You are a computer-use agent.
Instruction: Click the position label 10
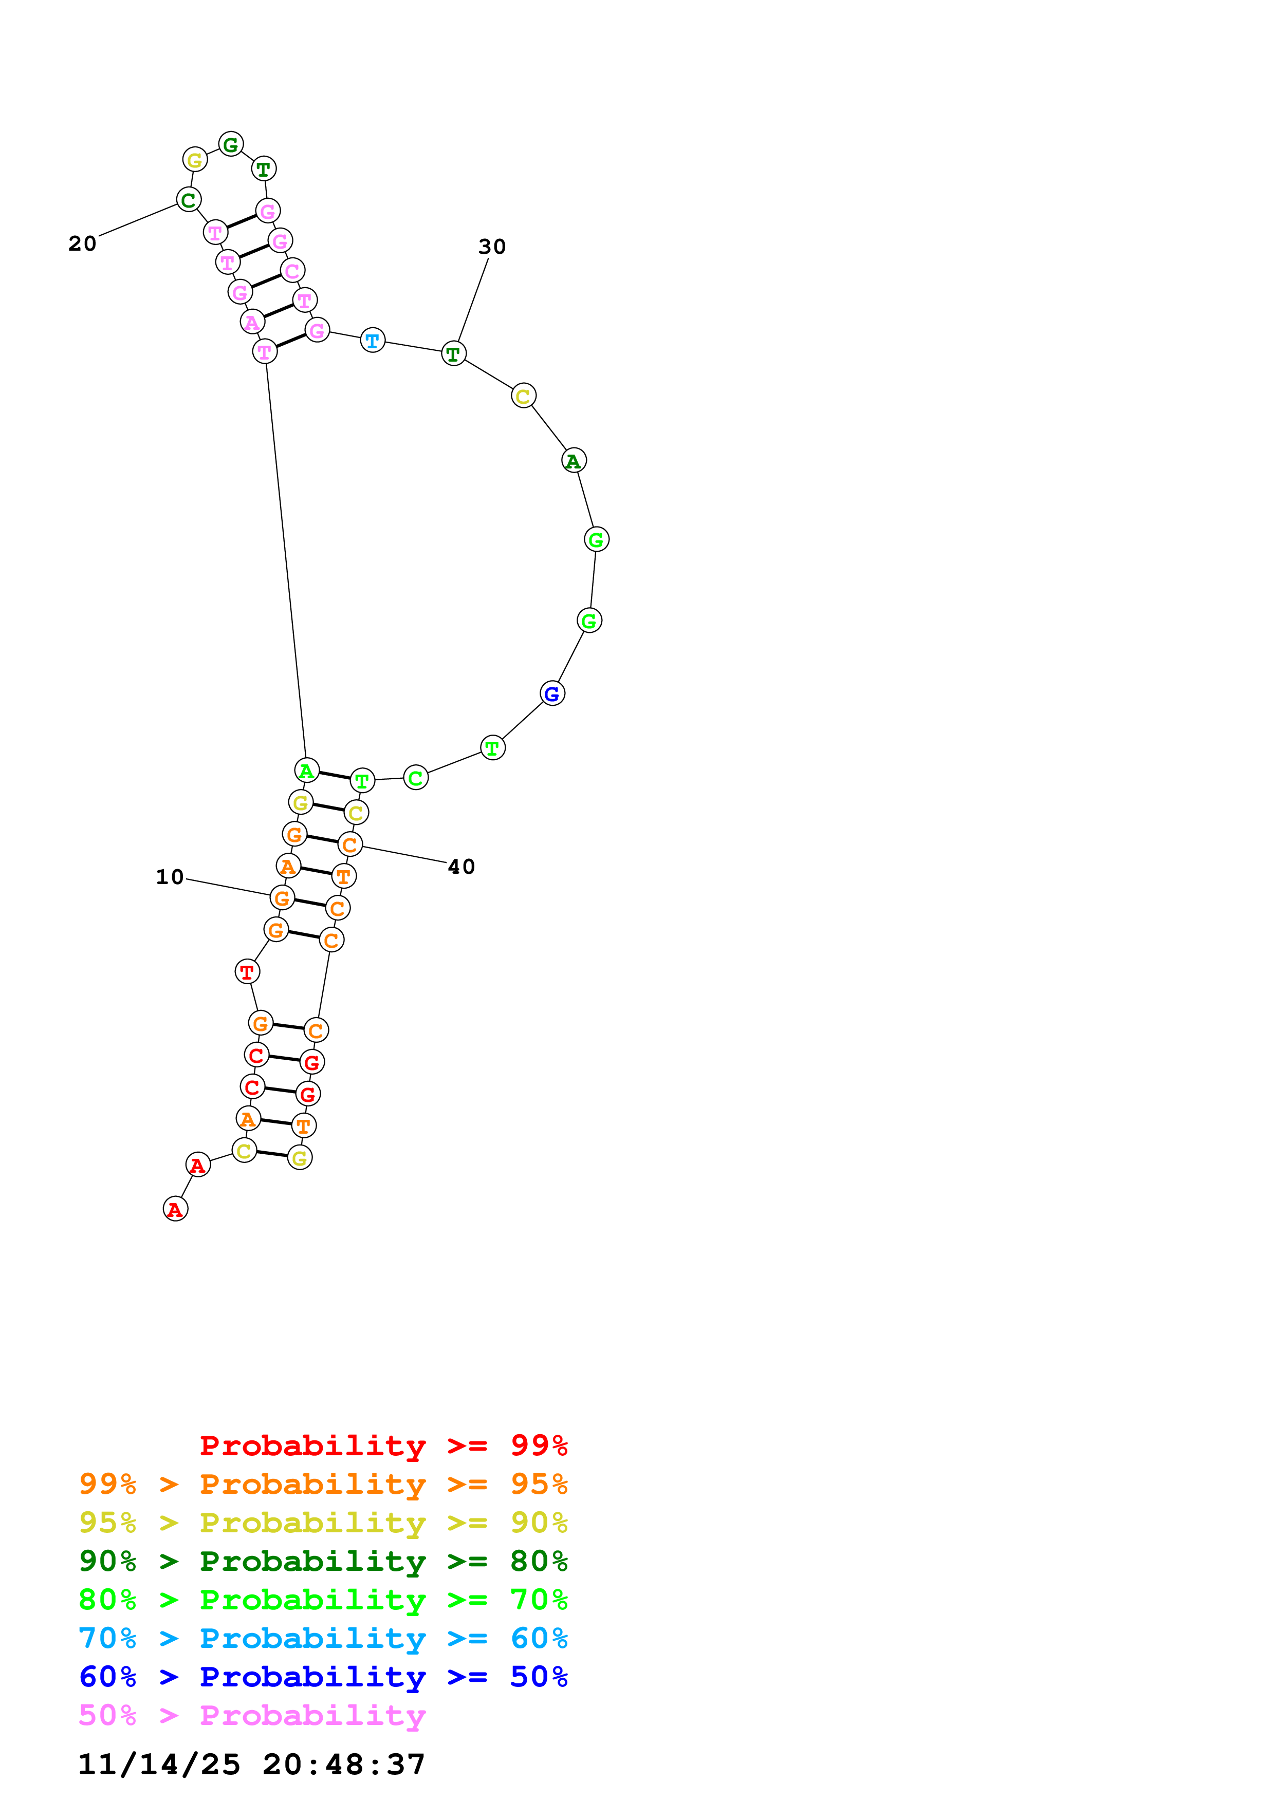[170, 877]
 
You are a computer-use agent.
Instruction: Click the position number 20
[82, 243]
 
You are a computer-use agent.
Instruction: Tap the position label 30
[492, 247]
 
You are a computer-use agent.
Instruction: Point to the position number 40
[461, 867]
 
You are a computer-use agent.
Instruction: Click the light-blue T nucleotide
[373, 341]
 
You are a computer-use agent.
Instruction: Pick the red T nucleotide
[247, 972]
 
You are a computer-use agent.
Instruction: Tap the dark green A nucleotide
[574, 461]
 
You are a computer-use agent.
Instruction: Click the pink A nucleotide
[252, 322]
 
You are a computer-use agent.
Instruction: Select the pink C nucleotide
[292, 271]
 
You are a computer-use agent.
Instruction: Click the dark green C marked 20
[189, 200]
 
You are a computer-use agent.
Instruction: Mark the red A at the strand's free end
[175, 1209]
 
